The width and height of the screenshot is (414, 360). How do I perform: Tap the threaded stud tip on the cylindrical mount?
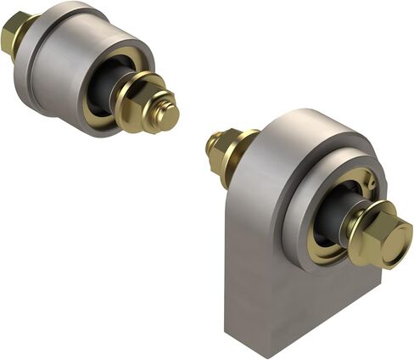click(x=167, y=116)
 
